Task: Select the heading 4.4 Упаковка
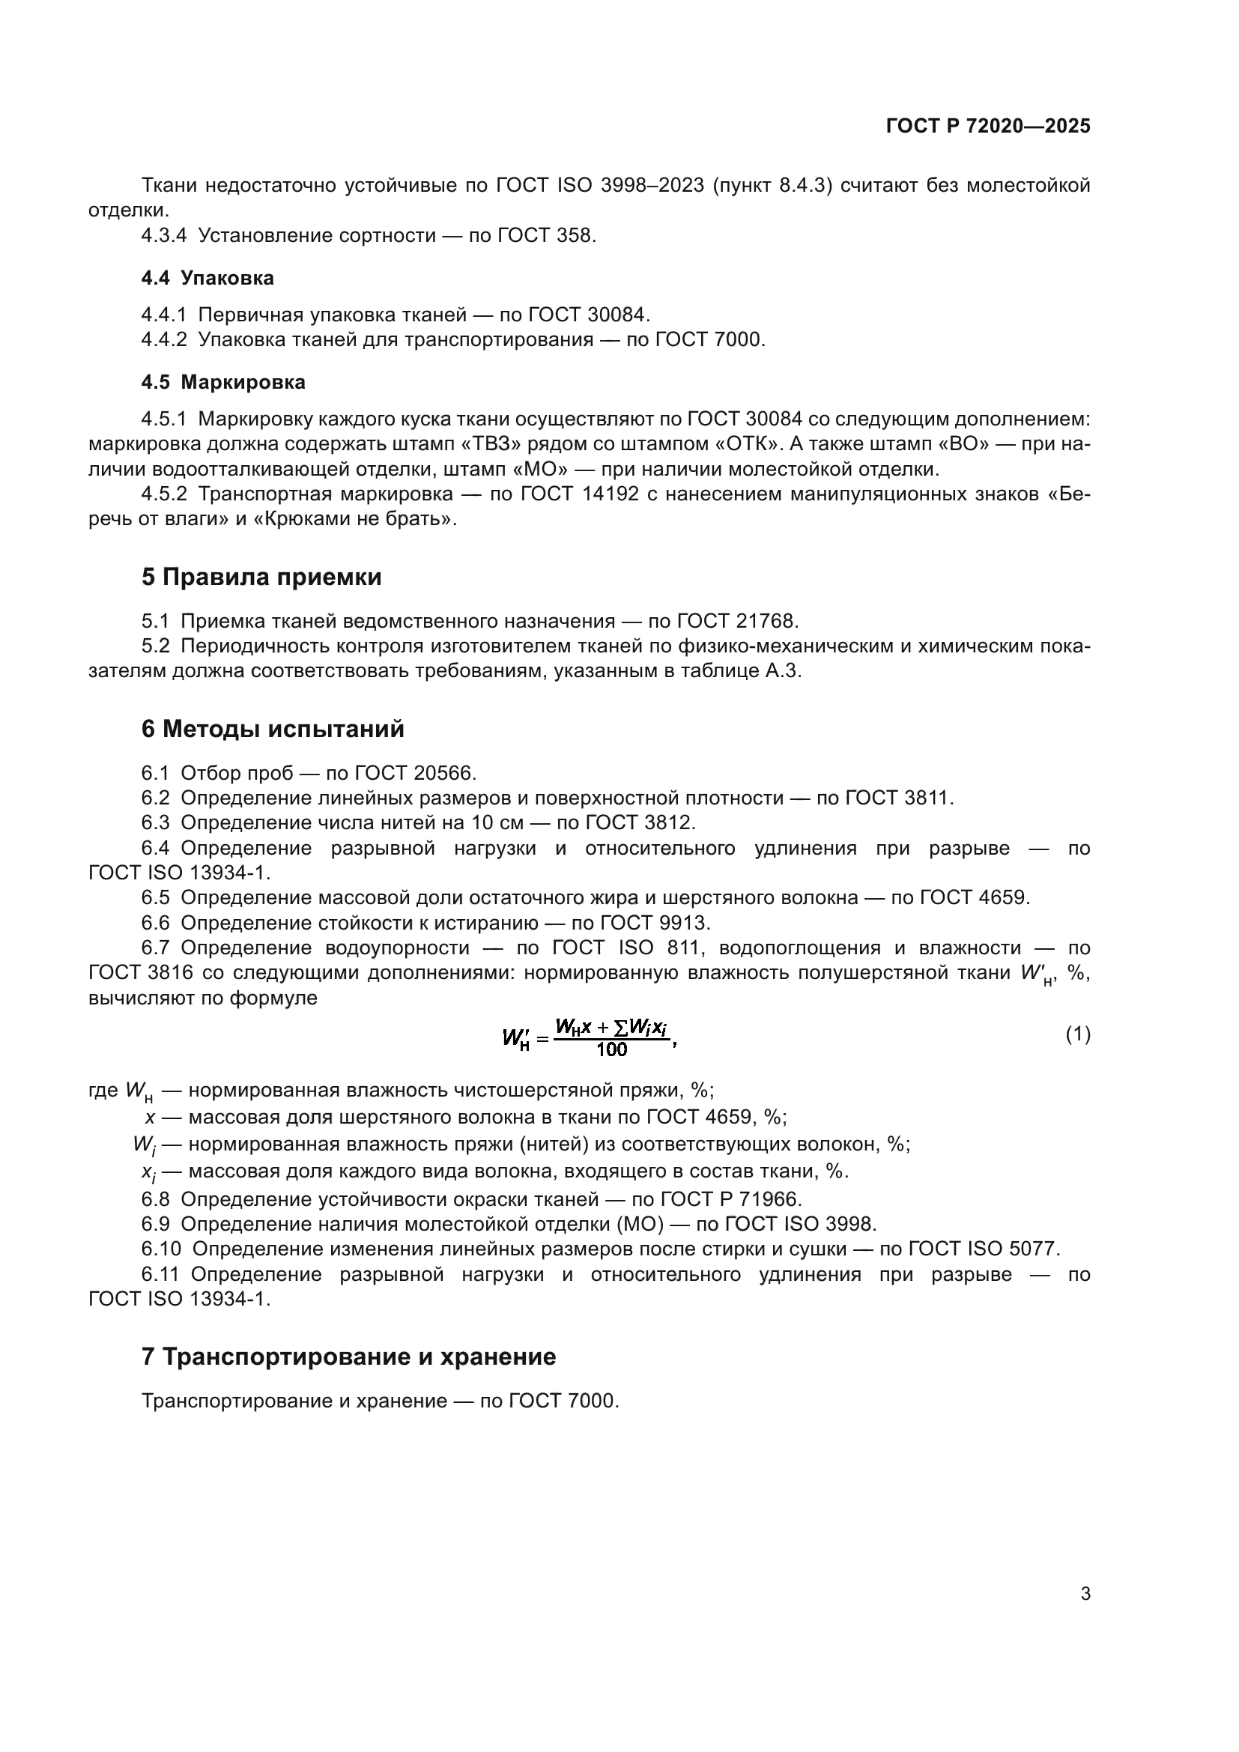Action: [207, 278]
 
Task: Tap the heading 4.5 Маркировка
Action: [222, 382]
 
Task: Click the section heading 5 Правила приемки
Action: [261, 577]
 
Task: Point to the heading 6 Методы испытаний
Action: [273, 729]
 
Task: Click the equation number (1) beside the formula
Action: [1077, 1034]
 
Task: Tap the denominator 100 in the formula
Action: [611, 1049]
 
